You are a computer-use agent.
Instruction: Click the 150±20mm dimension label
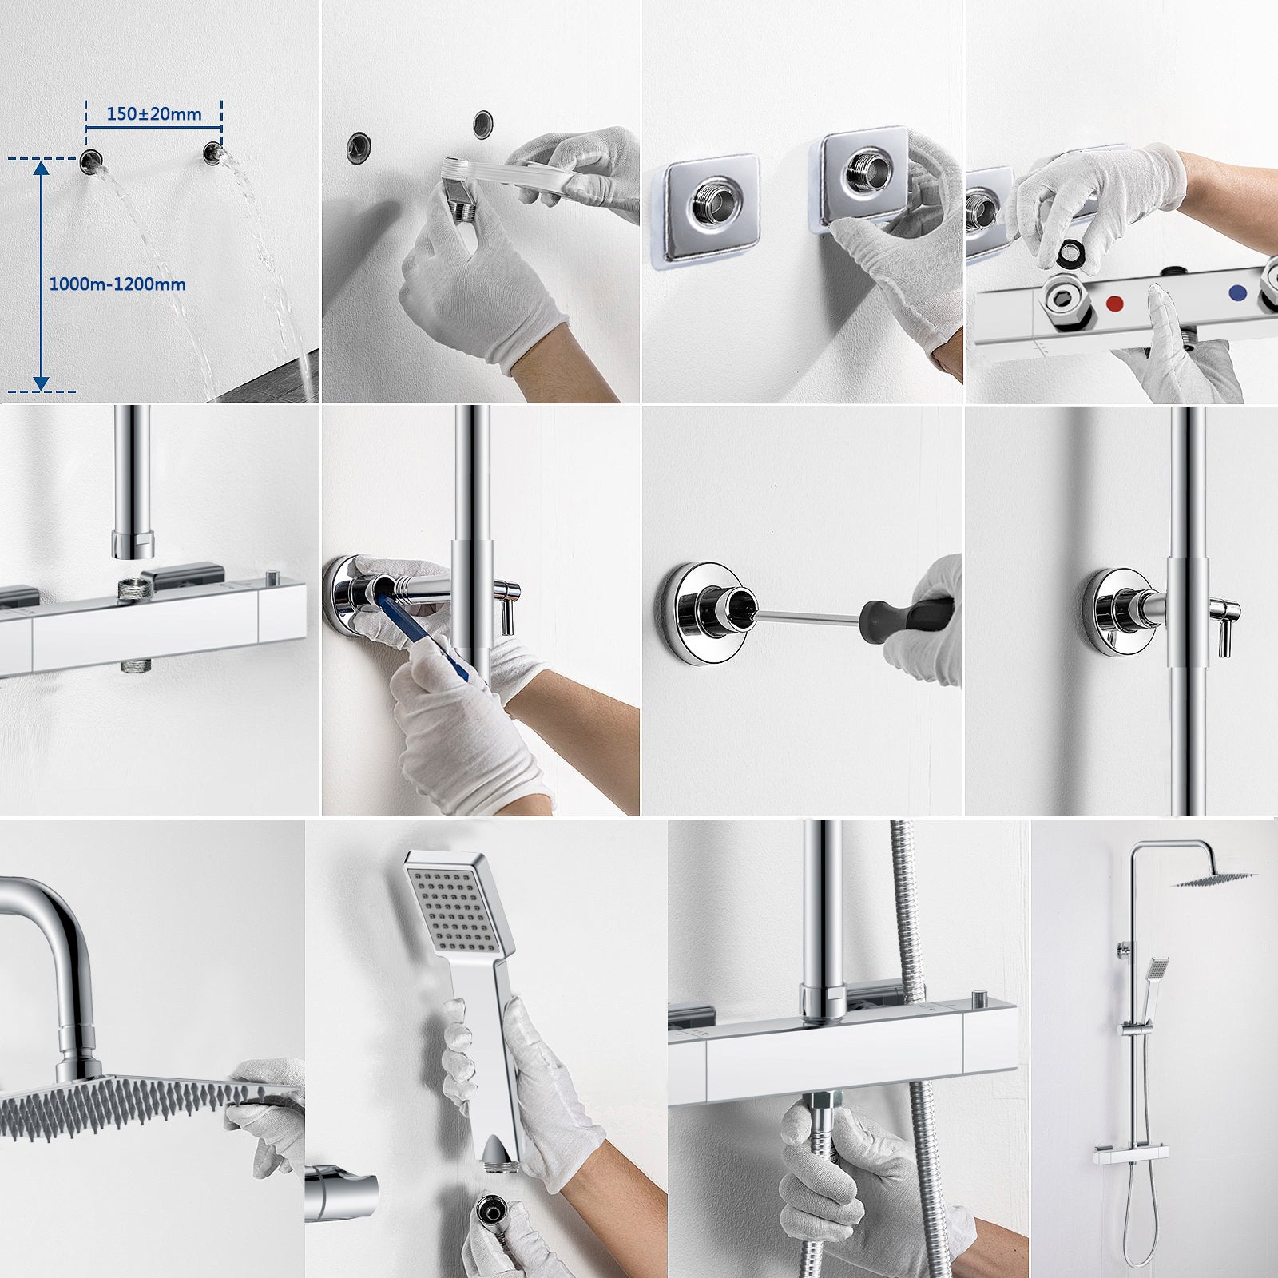154,114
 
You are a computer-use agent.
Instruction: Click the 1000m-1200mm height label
117,284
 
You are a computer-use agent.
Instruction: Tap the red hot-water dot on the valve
1115,304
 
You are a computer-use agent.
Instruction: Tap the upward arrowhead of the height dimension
41,165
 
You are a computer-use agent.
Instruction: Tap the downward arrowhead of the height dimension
41,383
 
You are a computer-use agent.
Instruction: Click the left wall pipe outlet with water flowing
90,160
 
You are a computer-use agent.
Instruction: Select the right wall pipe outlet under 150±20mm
213,153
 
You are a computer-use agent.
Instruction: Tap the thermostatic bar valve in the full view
1131,1153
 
